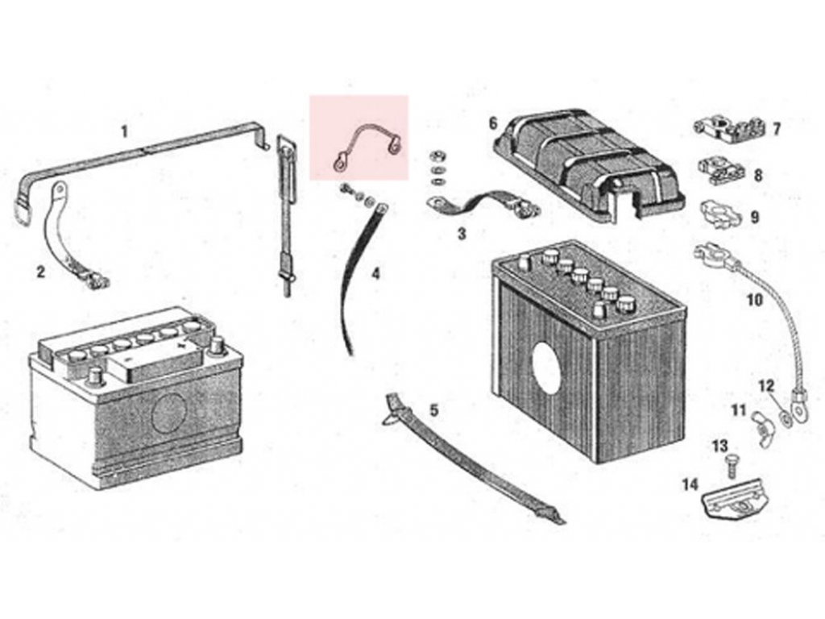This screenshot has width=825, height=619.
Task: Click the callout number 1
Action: click(124, 131)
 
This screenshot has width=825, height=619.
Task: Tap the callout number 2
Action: click(40, 272)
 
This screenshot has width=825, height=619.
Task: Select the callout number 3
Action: click(462, 235)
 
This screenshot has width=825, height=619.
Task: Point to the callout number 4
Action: click(375, 274)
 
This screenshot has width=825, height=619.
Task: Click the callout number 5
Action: click(434, 411)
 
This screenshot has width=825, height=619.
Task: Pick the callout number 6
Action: click(493, 123)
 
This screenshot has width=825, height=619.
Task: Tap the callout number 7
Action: click(776, 129)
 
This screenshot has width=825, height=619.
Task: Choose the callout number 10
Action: click(754, 301)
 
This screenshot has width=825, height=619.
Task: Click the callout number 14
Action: click(690, 484)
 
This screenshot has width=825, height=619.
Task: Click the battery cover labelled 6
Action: click(588, 165)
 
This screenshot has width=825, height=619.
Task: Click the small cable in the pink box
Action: click(367, 147)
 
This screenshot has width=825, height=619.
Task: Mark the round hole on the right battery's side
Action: click(548, 368)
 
